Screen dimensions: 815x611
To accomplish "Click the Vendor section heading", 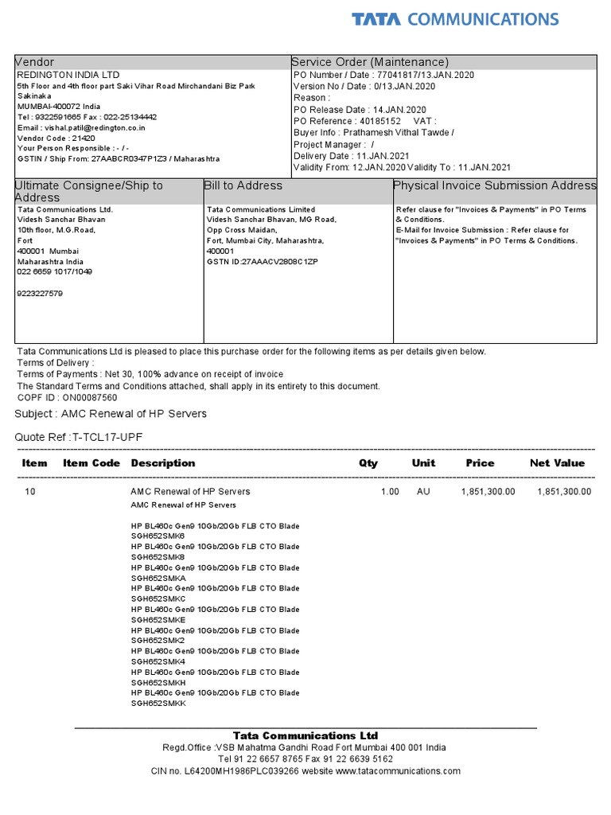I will tap(35, 62).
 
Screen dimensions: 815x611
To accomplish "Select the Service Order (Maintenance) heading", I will tap(371, 62).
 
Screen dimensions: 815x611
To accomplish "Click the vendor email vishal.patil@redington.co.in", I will tap(82, 127).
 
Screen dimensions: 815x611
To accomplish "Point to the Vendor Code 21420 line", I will tap(51, 137).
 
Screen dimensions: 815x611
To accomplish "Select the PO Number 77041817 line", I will tap(383, 74).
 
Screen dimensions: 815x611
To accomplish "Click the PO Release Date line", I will tap(360, 109).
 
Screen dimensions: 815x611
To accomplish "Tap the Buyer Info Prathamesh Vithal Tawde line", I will tap(374, 133).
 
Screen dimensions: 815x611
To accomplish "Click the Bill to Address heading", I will tap(243, 185).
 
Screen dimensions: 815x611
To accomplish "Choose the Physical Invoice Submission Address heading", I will tap(495, 185).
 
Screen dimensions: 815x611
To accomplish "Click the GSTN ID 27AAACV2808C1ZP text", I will tap(262, 261).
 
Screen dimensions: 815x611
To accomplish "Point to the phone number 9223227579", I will tap(40, 293).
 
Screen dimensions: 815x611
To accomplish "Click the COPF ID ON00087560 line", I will tap(67, 397).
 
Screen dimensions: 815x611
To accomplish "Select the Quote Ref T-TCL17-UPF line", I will tap(79, 437).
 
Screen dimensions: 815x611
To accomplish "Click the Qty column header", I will tap(368, 463).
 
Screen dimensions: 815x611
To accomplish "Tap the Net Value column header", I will tap(557, 463).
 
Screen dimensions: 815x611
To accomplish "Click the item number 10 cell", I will tap(30, 492).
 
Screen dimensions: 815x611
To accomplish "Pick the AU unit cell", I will tap(423, 492).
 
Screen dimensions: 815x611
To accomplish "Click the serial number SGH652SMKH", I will tap(158, 683).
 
